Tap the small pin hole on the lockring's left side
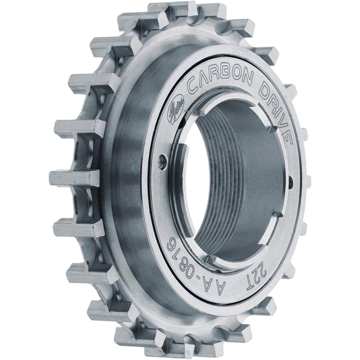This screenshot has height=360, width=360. point(162,160)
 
